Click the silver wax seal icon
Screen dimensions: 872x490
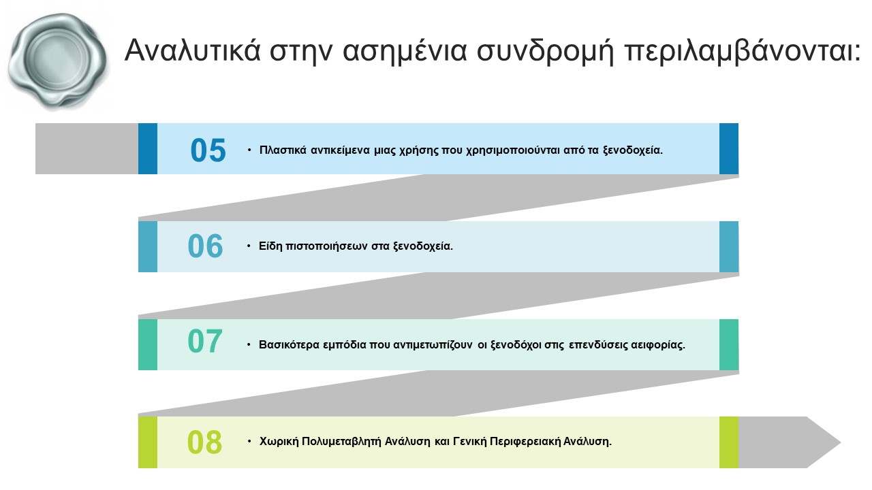(58, 61)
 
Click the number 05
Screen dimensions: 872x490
(208, 150)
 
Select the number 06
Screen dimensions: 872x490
(205, 246)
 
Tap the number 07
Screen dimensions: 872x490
(205, 341)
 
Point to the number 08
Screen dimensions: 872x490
(204, 442)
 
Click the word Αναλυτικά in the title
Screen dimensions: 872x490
(192, 50)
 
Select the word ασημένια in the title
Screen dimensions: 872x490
(405, 51)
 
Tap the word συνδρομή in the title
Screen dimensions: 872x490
(545, 51)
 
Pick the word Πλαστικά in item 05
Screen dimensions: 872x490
(283, 150)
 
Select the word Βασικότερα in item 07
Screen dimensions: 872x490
(289, 345)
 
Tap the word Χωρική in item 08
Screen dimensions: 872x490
(279, 442)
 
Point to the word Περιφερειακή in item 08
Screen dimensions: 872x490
(525, 442)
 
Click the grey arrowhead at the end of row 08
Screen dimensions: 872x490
(790, 442)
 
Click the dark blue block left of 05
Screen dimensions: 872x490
(148, 148)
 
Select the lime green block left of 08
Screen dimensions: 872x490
(148, 442)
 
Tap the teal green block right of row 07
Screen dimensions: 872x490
(729, 344)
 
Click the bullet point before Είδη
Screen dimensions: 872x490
(249, 246)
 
